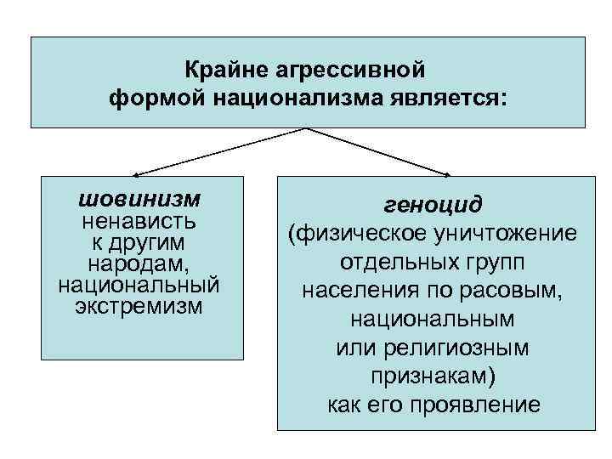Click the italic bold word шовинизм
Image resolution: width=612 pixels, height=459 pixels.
point(139,199)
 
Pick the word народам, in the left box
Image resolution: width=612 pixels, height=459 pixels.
point(139,264)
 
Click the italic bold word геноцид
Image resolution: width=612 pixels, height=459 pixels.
point(433,205)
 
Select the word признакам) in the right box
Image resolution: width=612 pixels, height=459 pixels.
point(433,376)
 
